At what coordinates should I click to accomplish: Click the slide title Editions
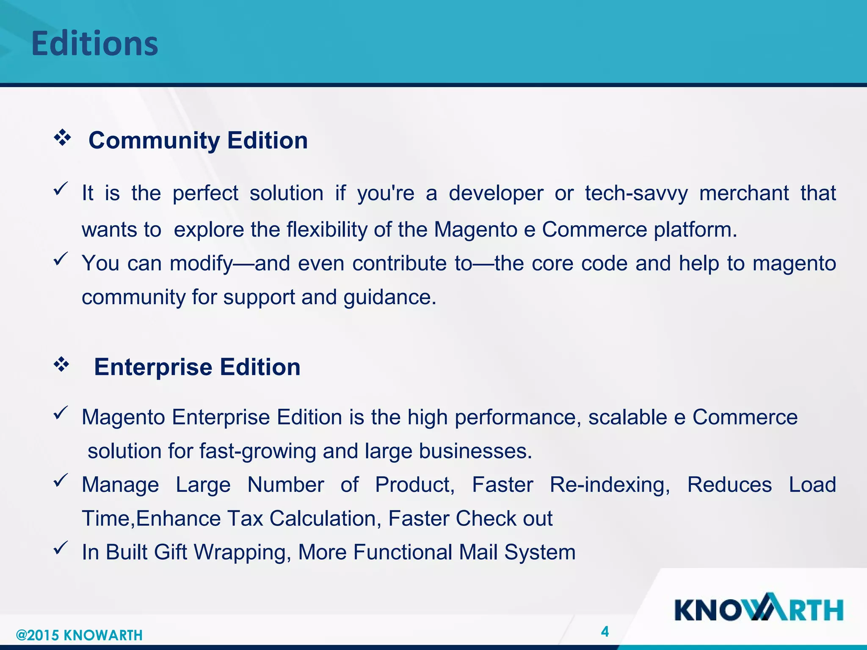coord(94,44)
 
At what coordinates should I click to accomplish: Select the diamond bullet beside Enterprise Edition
coord(61,364)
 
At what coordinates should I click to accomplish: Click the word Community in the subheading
coord(154,140)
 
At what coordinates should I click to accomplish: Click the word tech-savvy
coord(636,194)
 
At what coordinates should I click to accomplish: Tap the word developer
coord(496,194)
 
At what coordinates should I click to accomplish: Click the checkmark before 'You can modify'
coord(61,259)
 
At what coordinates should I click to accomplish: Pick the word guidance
coord(389,297)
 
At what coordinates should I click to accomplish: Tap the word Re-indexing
coord(610,485)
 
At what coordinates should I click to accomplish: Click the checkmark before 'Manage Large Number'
coord(61,480)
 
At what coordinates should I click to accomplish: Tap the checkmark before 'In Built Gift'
coord(61,548)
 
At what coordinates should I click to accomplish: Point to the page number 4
coord(605,632)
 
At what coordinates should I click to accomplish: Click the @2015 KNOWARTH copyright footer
coord(79,635)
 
